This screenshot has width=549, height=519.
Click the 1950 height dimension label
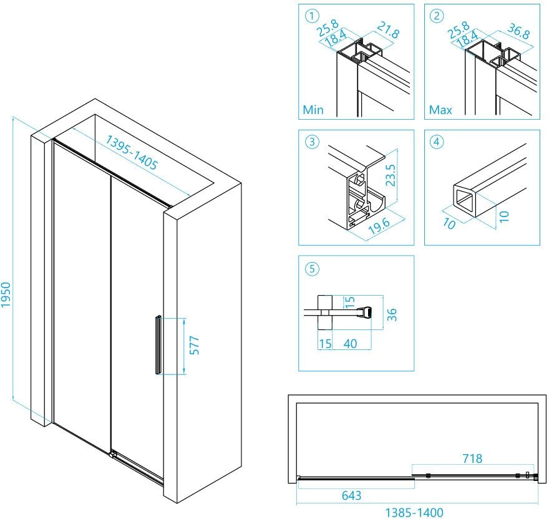(6, 293)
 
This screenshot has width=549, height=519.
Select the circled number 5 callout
(311, 269)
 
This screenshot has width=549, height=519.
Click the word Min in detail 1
(313, 110)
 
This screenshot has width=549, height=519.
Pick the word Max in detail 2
(440, 110)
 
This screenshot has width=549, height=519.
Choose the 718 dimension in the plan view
(472, 458)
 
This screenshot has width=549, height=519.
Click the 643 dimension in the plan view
(351, 496)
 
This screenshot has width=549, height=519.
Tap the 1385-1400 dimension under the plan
(414, 512)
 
